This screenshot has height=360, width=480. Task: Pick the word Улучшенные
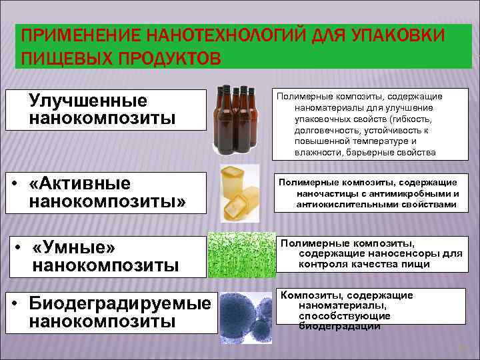[x=88, y=101]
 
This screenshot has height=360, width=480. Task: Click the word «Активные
[x=81, y=183]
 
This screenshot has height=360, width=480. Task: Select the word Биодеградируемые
[x=120, y=303]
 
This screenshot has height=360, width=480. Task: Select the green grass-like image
[x=240, y=254]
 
